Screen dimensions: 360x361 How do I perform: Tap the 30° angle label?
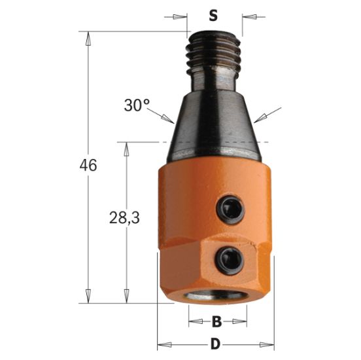[136, 104]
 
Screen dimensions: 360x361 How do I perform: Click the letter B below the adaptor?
[216, 321]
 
